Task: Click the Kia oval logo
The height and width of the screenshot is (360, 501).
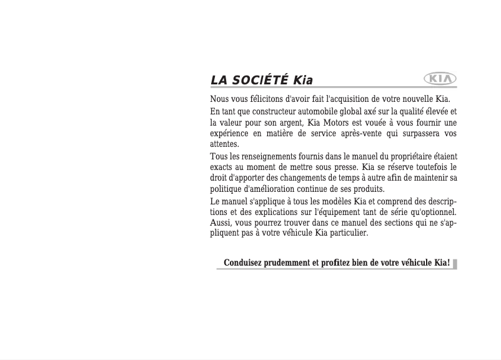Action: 440,79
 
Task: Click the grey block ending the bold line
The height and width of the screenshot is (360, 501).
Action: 455,264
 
